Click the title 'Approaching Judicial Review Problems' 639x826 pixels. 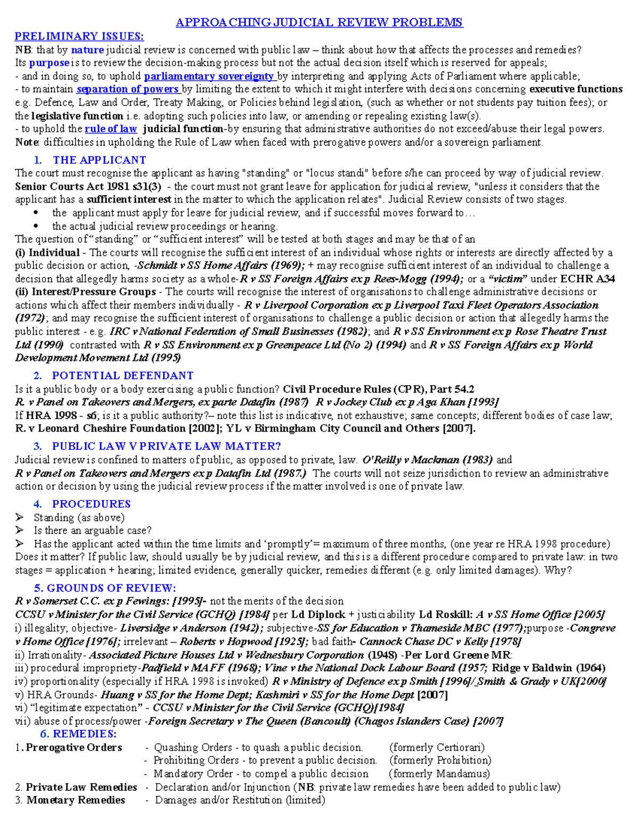319,22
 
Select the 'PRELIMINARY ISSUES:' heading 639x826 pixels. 79,36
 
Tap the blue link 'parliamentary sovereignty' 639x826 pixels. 209,76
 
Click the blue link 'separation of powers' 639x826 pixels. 128,89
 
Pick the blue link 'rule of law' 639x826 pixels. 111,129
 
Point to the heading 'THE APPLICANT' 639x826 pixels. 99,160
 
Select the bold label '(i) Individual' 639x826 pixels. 47,253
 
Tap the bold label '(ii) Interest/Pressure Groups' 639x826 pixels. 85,292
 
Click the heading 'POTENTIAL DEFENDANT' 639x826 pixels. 122,376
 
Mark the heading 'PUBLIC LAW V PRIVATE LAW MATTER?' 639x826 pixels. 166,446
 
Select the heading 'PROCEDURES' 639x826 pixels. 91,504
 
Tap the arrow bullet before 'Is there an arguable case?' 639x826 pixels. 20,530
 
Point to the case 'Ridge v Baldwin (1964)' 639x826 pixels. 548,669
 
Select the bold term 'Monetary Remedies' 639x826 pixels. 76,800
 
